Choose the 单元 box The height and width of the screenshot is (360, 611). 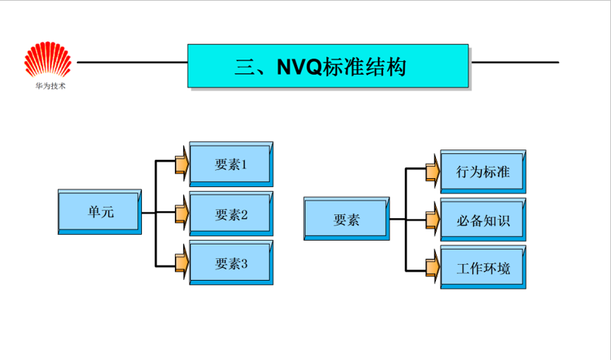pos(98,212)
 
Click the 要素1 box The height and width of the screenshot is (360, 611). pos(231,164)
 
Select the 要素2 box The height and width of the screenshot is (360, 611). pos(231,214)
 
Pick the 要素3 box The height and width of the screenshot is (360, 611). pos(231,263)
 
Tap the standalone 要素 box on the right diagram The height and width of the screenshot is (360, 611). pos(346,220)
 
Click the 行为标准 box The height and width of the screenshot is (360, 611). pos(483,172)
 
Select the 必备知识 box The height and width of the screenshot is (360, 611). pos(483,221)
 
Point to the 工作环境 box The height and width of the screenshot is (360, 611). pos(483,268)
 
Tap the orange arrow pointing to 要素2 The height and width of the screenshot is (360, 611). pos(182,213)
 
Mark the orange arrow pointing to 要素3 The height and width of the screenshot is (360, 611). pos(182,263)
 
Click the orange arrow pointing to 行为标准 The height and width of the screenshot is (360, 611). pos(432,171)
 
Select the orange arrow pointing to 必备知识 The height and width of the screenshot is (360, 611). pos(432,220)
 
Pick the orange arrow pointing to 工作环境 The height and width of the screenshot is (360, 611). pos(432,266)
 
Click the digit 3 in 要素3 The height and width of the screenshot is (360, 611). pos(244,263)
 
